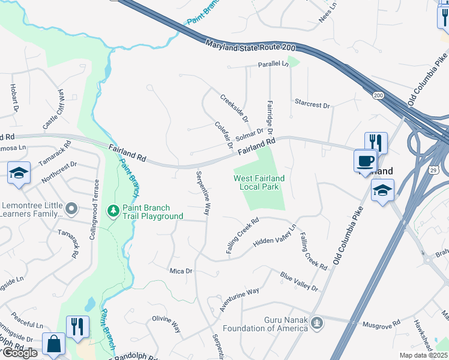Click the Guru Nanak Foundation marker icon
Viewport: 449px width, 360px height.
coord(318,324)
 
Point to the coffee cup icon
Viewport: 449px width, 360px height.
coord(366,161)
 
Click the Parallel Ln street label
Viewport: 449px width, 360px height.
coord(273,64)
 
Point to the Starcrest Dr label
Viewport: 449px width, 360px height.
coord(312,104)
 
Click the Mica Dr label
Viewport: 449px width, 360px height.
coord(181,271)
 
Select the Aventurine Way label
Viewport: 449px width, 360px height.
coord(239,299)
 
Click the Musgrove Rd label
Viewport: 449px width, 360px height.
coord(381,324)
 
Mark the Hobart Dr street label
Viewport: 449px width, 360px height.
coord(14,97)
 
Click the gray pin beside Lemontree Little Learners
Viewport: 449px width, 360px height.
coord(72,209)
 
